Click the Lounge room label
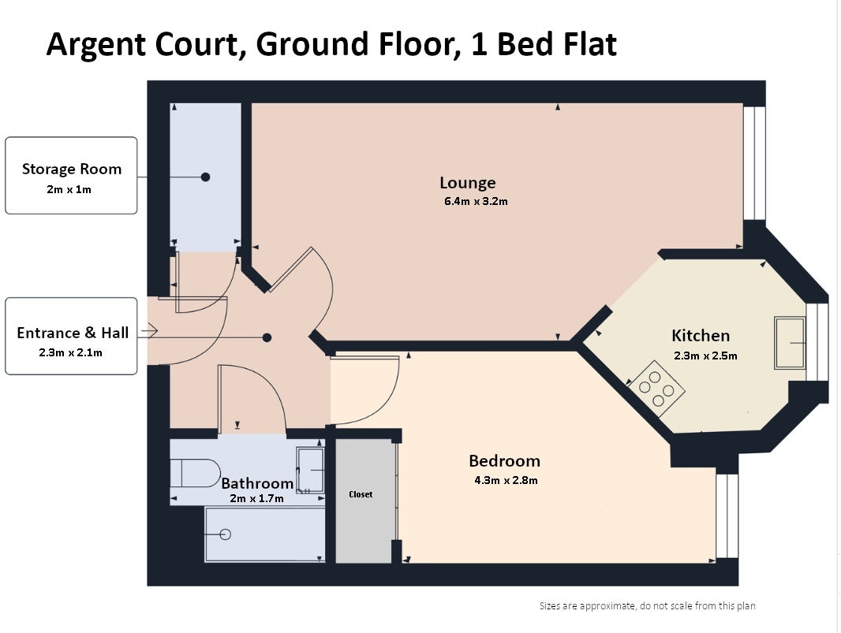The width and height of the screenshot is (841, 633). (x=467, y=183)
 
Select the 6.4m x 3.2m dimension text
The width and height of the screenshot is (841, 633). (x=476, y=202)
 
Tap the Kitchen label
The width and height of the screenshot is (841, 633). (x=701, y=336)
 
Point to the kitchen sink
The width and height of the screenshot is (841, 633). (x=790, y=342)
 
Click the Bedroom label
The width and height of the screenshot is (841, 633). (x=504, y=461)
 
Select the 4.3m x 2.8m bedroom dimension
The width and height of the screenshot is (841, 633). (x=506, y=480)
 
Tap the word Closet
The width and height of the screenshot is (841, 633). (x=361, y=494)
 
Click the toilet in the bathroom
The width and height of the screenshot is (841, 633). (x=195, y=473)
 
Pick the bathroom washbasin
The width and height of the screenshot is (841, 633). (x=311, y=470)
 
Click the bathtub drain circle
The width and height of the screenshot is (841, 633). (x=226, y=534)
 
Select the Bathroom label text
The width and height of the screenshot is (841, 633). (x=257, y=483)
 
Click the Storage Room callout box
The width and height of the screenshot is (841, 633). (x=71, y=175)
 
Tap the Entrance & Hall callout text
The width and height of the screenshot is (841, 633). (x=73, y=333)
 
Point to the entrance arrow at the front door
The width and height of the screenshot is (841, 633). (x=150, y=331)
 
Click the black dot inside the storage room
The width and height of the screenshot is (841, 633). (x=205, y=177)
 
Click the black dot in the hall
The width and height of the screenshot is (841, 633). (x=267, y=337)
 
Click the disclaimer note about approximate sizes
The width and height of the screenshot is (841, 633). (x=648, y=605)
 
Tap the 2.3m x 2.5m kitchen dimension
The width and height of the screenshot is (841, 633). (x=705, y=356)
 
